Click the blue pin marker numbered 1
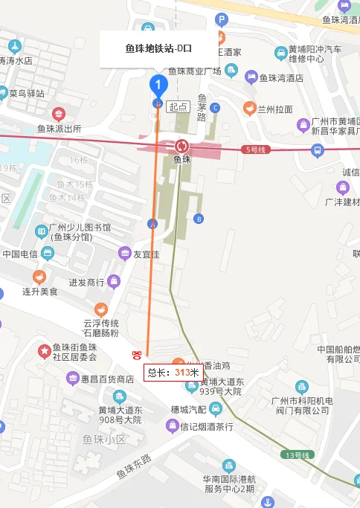click(158, 85)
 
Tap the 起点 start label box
click(178, 106)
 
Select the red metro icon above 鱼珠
click(182, 145)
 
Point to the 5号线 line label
click(254, 149)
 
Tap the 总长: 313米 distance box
click(173, 373)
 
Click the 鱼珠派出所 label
click(59, 128)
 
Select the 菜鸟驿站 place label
click(27, 94)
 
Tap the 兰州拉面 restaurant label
click(274, 109)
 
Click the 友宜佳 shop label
click(146, 254)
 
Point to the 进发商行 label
click(87, 282)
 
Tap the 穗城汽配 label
click(188, 408)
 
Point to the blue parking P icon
click(221, 20)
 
